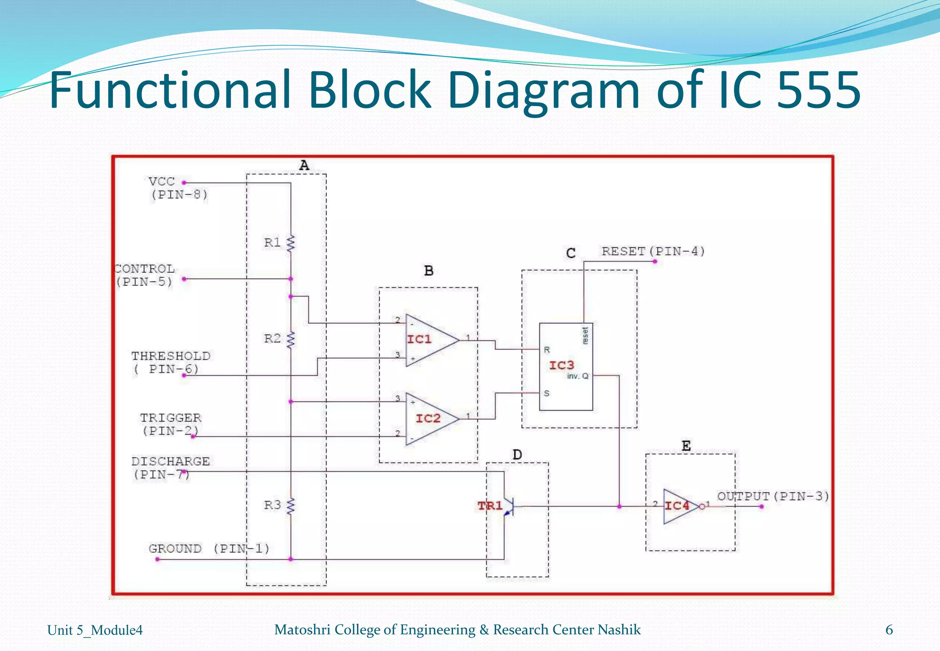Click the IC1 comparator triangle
click(429, 340)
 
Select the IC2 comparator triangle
click(429, 419)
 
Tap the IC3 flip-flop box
click(565, 366)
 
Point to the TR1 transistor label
click(490, 506)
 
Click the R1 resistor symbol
click(291, 243)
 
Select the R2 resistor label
click(272, 339)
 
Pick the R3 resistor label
click(272, 505)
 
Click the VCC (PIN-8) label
click(178, 188)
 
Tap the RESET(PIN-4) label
click(653, 252)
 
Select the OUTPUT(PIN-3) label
click(773, 496)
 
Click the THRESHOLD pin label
click(171, 362)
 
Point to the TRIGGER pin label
click(171, 424)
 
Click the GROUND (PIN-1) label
click(209, 549)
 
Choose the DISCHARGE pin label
click(171, 467)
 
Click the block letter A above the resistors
click(304, 165)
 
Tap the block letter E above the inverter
click(686, 446)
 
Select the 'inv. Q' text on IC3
click(577, 376)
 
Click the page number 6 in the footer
click(889, 630)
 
